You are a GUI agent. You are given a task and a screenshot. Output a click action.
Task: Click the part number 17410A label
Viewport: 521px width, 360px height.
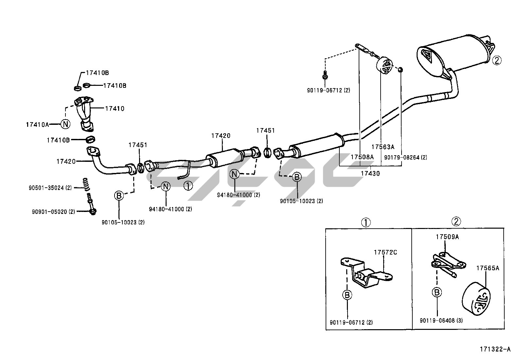pos(37,124)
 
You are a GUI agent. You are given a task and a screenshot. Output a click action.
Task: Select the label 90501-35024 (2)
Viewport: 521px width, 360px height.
pos(50,188)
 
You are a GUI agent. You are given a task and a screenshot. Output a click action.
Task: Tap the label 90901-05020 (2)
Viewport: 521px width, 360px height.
pos(53,212)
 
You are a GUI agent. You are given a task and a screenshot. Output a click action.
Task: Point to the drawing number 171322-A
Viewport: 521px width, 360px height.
pos(495,350)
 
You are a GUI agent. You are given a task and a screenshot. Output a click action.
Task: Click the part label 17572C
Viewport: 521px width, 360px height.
pos(386,252)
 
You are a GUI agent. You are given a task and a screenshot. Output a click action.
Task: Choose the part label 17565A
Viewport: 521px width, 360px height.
pos(488,268)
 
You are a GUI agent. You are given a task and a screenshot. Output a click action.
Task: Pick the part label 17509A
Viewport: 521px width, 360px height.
pos(447,237)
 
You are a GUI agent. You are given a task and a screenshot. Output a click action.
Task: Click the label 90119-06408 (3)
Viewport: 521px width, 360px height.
pos(441,321)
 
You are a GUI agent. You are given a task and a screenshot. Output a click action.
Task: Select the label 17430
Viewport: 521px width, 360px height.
pos(370,174)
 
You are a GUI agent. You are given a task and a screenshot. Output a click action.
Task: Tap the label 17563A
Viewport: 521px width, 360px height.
pos(383,147)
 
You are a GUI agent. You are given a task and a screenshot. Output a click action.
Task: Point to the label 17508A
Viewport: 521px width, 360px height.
pos(362,157)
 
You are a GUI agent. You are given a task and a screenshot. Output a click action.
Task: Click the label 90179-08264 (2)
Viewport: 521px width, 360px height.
pos(405,158)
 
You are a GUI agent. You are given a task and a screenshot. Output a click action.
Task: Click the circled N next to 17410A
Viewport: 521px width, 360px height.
pos(65,124)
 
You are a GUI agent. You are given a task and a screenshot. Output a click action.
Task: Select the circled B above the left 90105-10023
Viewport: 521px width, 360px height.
pos(118,196)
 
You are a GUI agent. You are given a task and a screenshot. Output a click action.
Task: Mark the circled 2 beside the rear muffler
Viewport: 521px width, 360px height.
pos(496,60)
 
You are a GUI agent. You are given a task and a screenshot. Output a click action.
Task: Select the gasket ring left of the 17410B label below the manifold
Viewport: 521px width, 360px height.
pos(91,140)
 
